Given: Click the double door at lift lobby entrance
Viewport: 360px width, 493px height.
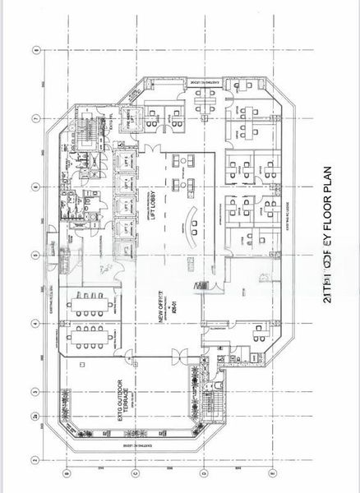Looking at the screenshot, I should point(202,283).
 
